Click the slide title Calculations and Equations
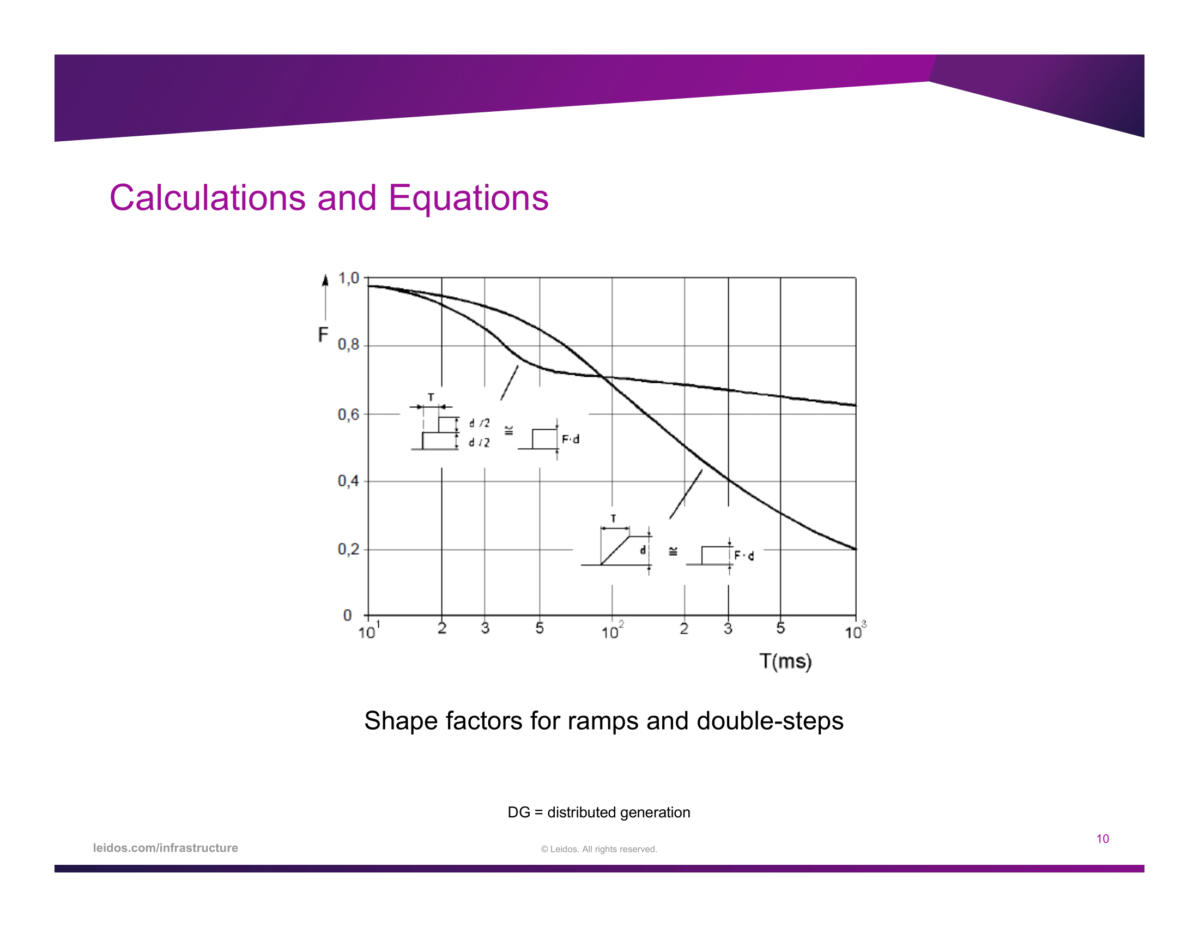tap(329, 198)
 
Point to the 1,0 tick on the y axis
tap(348, 279)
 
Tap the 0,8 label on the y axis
tap(348, 345)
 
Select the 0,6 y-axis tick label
tap(348, 414)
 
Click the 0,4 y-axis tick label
tap(348, 481)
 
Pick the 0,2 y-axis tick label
tap(348, 549)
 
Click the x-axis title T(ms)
tap(785, 661)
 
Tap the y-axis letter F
tap(323, 334)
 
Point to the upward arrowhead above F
tap(325, 281)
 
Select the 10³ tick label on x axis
tap(855, 630)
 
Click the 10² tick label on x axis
tap(613, 630)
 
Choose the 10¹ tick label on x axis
tap(369, 630)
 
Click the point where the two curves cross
tap(603, 377)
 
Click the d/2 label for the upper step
tap(479, 423)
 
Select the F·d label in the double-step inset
tap(571, 440)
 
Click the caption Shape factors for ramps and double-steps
tap(603, 720)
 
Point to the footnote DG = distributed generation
tap(598, 812)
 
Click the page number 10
tap(1103, 839)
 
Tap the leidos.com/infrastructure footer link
tap(165, 848)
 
